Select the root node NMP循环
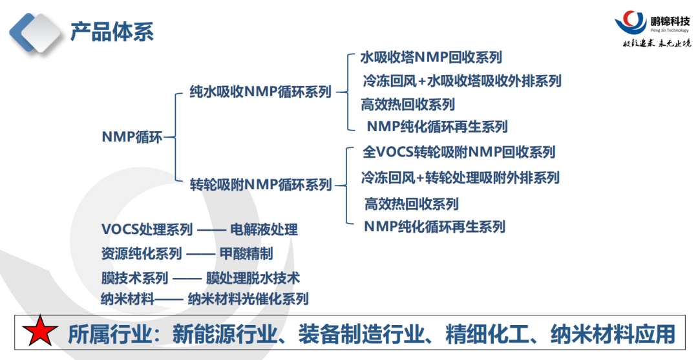pyautogui.click(x=132, y=136)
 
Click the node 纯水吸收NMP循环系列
pyautogui.click(x=260, y=92)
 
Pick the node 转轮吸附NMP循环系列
pyautogui.click(x=260, y=185)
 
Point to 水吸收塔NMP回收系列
pyautogui.click(x=430, y=58)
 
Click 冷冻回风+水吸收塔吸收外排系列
pyautogui.click(x=461, y=81)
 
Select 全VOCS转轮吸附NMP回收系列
pyautogui.click(x=459, y=152)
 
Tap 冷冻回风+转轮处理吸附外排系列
pyautogui.click(x=460, y=177)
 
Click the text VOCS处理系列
pyautogui.click(x=147, y=229)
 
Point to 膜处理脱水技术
pyautogui.click(x=253, y=278)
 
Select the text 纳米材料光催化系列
pyautogui.click(x=248, y=299)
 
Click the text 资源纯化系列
pyautogui.click(x=142, y=254)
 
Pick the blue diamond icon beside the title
pyautogui.click(x=37, y=32)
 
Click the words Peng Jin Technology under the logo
pyautogui.click(x=668, y=30)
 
